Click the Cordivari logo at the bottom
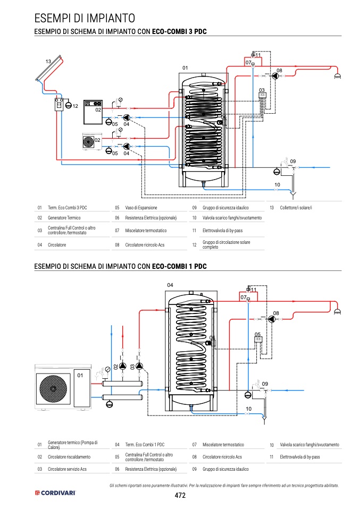click(x=55, y=493)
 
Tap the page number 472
click(x=180, y=495)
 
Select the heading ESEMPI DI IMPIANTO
click(x=85, y=18)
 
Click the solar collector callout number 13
click(x=48, y=61)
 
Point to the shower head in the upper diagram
click(x=338, y=77)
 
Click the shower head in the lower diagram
click(x=338, y=312)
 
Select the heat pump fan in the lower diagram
click(x=53, y=388)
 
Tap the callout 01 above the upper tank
click(x=185, y=68)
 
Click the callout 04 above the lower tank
click(x=170, y=285)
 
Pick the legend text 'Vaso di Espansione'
click(x=141, y=207)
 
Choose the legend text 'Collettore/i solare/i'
click(x=296, y=207)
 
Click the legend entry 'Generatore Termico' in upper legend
click(x=64, y=217)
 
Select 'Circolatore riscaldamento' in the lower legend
click(x=69, y=457)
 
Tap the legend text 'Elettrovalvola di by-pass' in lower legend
click(x=299, y=457)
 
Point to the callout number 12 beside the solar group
click(x=75, y=106)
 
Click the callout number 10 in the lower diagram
click(x=248, y=409)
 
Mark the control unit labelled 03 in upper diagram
click(x=262, y=96)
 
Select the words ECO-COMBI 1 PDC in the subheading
click(x=179, y=266)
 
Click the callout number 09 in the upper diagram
click(x=293, y=161)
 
